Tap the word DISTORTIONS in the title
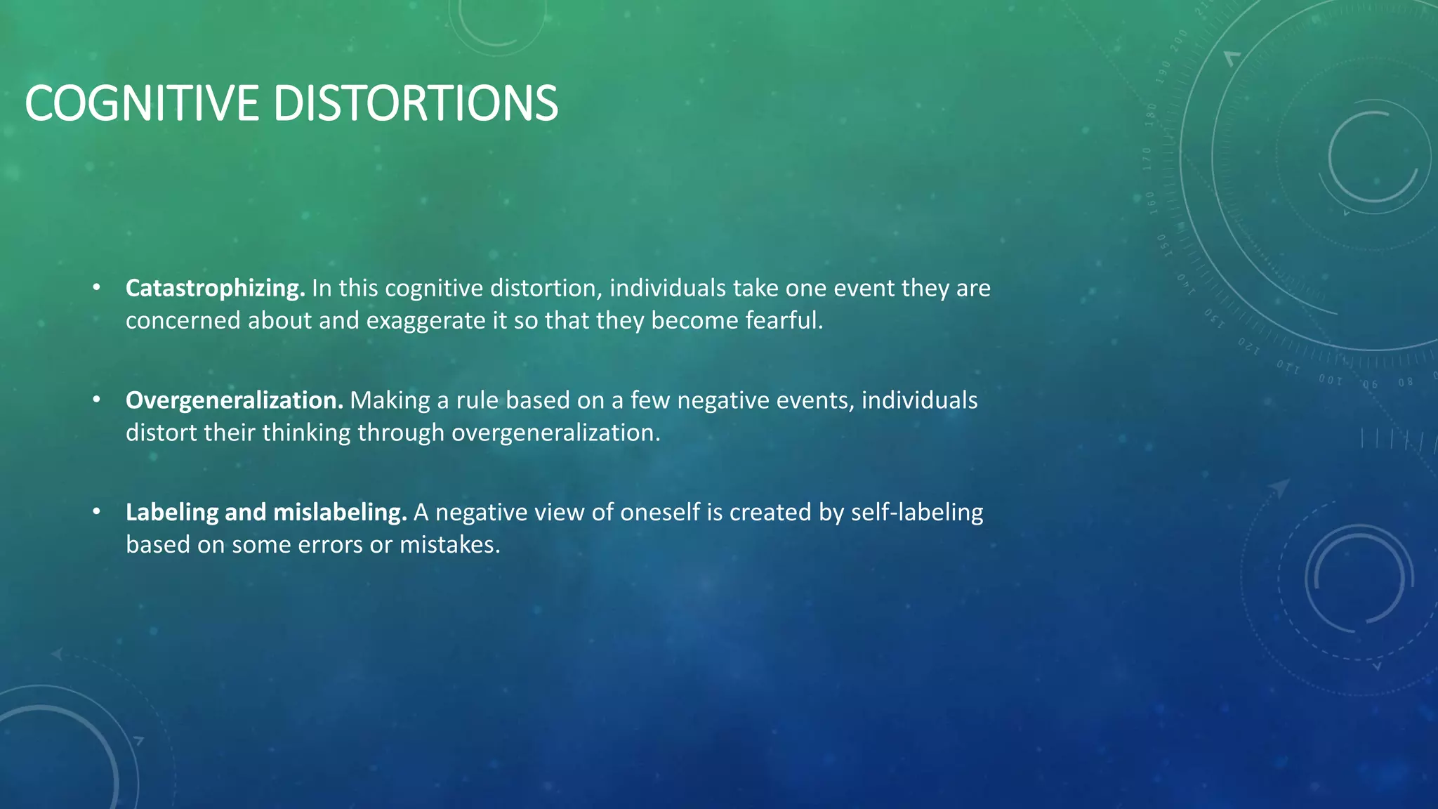point(415,103)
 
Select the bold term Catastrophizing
point(215,288)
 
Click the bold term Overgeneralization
point(234,400)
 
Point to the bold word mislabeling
point(340,513)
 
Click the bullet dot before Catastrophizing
point(97,287)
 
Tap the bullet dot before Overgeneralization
point(97,400)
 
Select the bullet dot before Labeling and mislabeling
point(97,512)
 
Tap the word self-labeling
point(917,513)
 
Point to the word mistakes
point(450,545)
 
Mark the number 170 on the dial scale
point(1147,159)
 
